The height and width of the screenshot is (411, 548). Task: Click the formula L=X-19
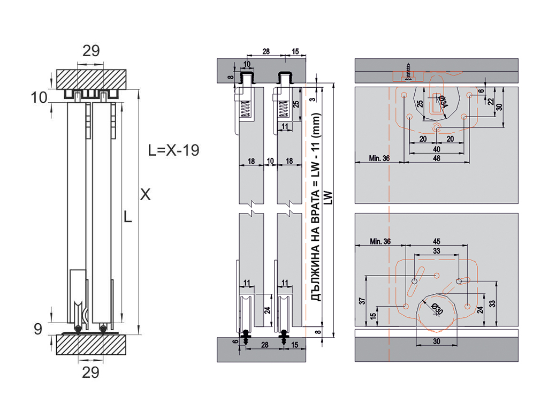(174, 150)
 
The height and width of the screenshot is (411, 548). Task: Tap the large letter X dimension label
(146, 194)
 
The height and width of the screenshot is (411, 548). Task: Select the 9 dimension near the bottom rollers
(38, 329)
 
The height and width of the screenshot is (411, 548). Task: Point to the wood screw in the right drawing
(408, 72)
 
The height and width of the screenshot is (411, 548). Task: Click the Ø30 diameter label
(437, 309)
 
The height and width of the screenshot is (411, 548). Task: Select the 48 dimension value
(437, 158)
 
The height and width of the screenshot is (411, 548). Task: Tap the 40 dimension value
(437, 149)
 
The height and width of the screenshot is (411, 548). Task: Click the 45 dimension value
(437, 241)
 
